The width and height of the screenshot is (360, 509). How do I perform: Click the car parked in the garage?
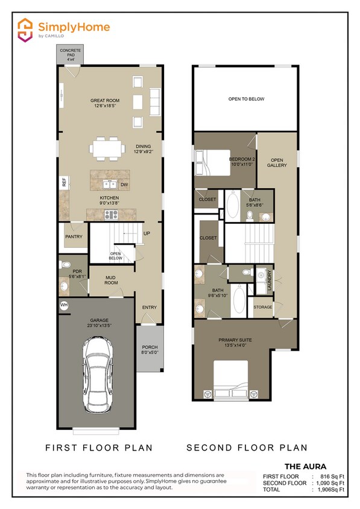98,378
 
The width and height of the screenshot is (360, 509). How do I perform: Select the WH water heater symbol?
64,306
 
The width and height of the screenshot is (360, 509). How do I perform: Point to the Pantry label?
74,237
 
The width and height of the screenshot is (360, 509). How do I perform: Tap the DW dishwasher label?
124,185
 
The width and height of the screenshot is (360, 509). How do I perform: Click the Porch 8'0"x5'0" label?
150,350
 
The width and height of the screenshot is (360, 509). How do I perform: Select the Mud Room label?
110,280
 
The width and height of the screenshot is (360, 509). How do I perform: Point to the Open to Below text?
246,99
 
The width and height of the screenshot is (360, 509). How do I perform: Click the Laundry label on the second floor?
270,281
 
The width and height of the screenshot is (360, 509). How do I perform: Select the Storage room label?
263,307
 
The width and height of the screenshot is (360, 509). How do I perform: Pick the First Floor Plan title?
99,447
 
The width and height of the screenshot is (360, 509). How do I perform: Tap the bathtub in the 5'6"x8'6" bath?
233,205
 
